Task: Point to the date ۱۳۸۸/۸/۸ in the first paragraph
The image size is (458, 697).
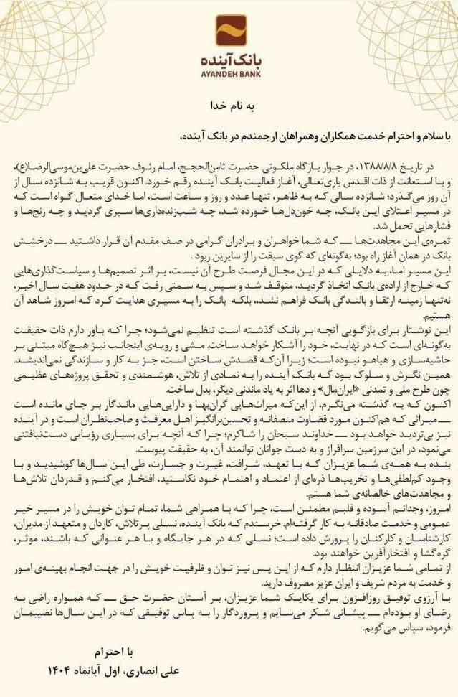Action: pos(387,165)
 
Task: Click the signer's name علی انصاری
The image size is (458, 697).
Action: pos(150,673)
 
